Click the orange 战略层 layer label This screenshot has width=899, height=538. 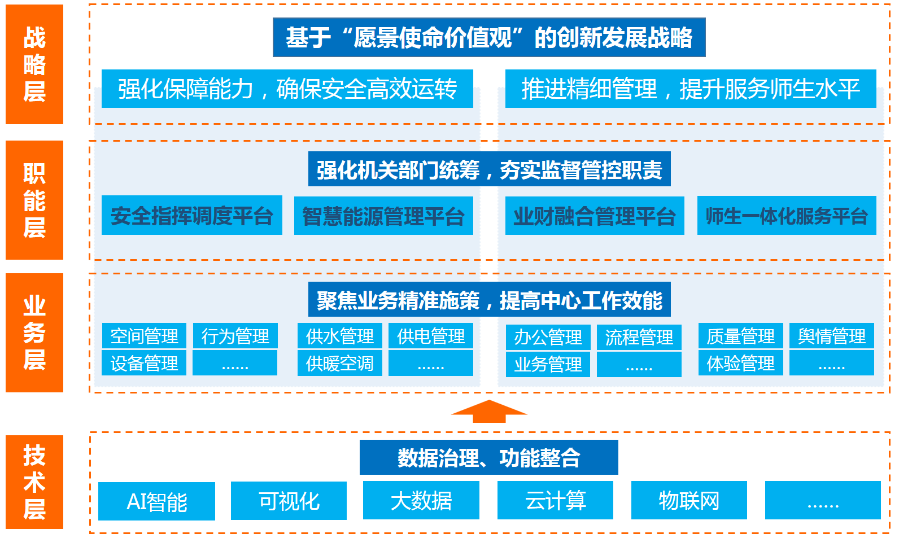[34, 64]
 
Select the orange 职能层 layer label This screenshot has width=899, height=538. [34, 200]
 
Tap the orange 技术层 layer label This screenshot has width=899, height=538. [34, 482]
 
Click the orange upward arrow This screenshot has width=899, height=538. [489, 411]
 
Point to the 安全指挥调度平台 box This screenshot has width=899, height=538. [192, 216]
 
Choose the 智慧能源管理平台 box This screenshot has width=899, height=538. [383, 216]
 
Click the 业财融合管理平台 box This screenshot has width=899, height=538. [595, 216]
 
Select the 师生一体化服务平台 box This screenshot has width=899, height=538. [787, 216]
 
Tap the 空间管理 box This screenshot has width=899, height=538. [144, 336]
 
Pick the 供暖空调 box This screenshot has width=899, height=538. [340, 363]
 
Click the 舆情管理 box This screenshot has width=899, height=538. [831, 336]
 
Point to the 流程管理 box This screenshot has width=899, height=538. [639, 337]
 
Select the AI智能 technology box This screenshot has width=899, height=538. [156, 501]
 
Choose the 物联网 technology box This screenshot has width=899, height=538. [689, 500]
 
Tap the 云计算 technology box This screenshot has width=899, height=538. [555, 500]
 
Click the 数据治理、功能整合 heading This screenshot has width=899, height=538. [488, 457]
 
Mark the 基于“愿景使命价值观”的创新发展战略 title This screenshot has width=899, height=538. [489, 38]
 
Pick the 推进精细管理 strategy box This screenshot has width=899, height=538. [691, 89]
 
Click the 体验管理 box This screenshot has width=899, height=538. [740, 363]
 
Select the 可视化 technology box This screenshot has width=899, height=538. [289, 501]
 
